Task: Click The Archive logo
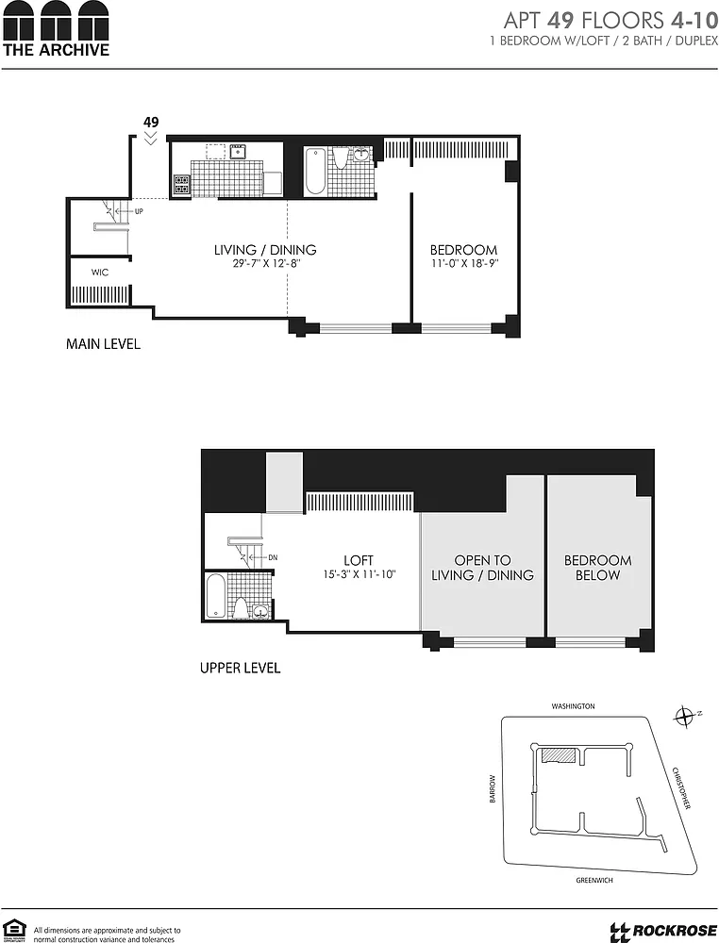[x=56, y=29]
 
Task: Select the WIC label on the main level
[x=100, y=273]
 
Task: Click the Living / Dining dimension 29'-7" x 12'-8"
[x=266, y=263]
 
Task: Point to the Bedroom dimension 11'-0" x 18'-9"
[x=464, y=263]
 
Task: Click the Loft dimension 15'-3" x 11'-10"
[x=359, y=574]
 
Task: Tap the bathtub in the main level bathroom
[x=314, y=171]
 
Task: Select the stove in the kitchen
[x=182, y=184]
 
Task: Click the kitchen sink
[x=239, y=150]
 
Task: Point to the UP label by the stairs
[x=139, y=211]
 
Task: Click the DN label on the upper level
[x=273, y=557]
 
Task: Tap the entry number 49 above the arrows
[x=151, y=122]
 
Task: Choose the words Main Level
[x=103, y=344]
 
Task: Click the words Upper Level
[x=240, y=668]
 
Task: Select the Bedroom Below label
[x=598, y=568]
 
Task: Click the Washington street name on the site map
[x=573, y=706]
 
